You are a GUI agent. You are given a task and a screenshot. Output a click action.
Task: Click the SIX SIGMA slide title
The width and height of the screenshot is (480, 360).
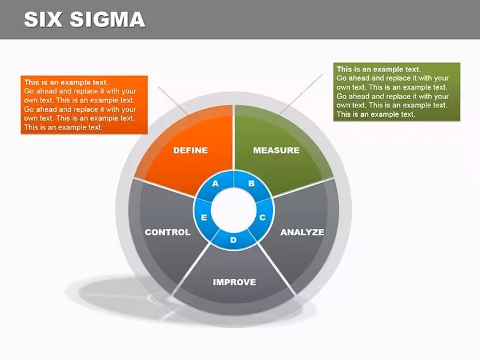tap(85, 20)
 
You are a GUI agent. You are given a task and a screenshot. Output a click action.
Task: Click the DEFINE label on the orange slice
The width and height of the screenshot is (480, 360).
tap(190, 150)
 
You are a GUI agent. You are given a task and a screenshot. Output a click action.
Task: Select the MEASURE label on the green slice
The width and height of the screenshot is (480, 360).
tap(276, 150)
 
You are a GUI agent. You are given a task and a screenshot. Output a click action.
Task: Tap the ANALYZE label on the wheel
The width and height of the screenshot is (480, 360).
tap(302, 232)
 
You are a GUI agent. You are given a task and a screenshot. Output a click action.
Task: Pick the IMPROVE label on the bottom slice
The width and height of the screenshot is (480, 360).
tap(234, 282)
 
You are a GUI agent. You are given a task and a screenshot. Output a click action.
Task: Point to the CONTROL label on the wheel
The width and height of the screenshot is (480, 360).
tap(167, 232)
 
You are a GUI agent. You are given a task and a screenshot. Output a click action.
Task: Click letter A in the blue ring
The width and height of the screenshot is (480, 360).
tap(215, 183)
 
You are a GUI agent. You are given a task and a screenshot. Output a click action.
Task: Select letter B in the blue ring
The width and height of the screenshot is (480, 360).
tap(251, 183)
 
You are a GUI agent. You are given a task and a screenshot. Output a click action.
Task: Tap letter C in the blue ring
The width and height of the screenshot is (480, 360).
tap(263, 217)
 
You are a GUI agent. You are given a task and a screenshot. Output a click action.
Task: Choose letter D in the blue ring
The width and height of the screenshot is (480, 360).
tap(233, 240)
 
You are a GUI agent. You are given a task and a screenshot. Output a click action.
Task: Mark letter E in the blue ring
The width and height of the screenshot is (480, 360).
tap(204, 217)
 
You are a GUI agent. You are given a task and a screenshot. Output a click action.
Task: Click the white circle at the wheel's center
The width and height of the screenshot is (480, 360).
tap(234, 210)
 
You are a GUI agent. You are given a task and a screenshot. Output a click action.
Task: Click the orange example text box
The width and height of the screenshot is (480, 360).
tap(84, 105)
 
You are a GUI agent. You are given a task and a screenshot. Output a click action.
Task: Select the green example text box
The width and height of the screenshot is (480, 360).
tap(397, 92)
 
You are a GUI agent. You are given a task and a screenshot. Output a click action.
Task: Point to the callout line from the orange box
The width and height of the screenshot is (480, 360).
tap(172, 100)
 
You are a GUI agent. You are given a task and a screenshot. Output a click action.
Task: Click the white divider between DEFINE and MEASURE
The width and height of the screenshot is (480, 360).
tap(234, 138)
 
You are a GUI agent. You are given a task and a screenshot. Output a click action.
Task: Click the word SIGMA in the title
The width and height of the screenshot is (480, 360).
tap(107, 20)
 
